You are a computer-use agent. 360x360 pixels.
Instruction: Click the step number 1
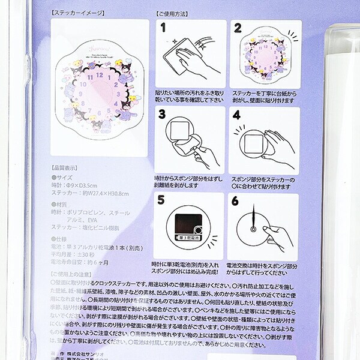163,28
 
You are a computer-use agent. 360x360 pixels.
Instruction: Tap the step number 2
238,28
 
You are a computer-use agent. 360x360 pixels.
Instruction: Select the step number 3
163,115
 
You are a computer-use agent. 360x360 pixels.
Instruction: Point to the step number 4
238,115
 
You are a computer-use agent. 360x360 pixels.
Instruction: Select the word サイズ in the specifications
65,178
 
